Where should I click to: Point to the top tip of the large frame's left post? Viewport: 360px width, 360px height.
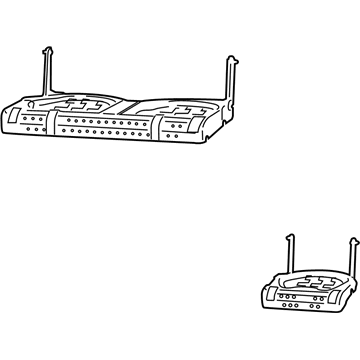coord(46,46)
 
